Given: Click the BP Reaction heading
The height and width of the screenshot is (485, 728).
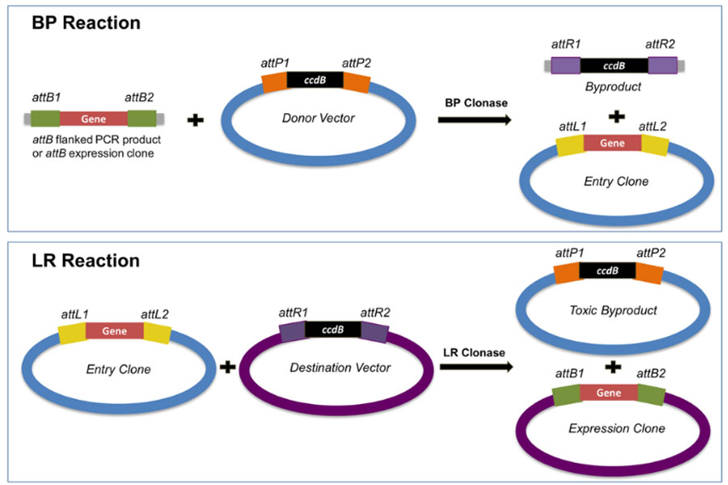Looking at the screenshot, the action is [86, 23].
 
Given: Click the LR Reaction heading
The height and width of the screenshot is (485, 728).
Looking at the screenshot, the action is [86, 260].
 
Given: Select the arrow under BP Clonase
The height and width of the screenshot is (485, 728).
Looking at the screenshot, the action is [475, 120].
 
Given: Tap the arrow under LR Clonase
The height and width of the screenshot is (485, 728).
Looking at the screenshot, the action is [476, 367].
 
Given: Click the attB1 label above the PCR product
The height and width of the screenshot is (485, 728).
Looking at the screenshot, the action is [46, 98].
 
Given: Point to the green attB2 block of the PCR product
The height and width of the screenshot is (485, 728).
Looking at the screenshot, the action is [142, 118].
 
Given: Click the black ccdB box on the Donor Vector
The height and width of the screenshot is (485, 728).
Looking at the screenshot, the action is [315, 80].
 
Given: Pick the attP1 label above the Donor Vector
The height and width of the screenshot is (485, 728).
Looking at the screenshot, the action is [275, 63].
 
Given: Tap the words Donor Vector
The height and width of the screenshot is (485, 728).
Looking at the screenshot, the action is [319, 118].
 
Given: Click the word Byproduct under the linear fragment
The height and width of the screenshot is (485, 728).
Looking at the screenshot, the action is [613, 86].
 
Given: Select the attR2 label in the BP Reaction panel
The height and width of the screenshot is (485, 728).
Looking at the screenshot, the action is [660, 44].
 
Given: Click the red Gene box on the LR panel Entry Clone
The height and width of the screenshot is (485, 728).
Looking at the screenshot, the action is [115, 331].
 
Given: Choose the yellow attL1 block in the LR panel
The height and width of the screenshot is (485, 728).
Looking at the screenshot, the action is [73, 334].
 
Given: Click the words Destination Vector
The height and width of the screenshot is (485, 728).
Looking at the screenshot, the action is [341, 368].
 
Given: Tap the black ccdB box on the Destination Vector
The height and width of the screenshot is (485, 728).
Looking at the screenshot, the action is [333, 329].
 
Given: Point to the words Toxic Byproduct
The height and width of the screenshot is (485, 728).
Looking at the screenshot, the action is [613, 310].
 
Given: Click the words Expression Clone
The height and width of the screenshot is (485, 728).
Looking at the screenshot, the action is [616, 428].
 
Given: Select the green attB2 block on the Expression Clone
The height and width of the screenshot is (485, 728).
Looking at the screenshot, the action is [651, 394].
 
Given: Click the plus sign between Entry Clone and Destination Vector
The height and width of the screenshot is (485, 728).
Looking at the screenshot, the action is [227, 367].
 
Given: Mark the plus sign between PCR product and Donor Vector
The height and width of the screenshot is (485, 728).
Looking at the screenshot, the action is [196, 120].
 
